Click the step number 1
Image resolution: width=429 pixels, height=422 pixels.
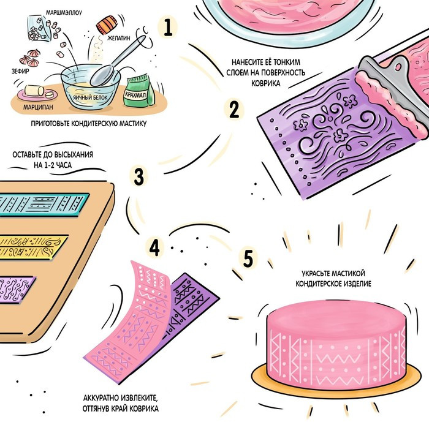[168, 28]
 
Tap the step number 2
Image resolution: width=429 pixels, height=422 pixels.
[234, 110]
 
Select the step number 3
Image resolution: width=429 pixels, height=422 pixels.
[139, 176]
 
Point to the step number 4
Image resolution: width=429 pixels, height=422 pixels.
[154, 247]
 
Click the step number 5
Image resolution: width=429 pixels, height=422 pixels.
[248, 258]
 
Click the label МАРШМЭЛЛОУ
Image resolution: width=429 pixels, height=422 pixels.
[64, 13]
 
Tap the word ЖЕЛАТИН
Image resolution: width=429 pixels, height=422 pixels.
[118, 38]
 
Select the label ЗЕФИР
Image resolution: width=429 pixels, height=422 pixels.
[20, 71]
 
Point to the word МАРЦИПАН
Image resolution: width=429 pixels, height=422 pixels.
[38, 107]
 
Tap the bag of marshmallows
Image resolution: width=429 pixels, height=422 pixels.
[39, 29]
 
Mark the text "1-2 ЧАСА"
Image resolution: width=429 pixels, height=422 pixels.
[58, 165]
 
